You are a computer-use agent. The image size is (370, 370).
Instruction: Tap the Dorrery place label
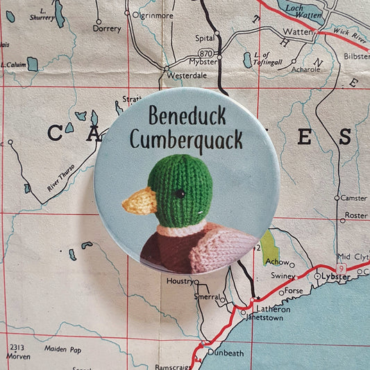(x=107, y=29)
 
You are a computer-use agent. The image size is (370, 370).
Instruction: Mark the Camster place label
(x=353, y=198)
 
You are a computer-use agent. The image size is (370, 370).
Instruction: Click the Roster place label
(x=356, y=216)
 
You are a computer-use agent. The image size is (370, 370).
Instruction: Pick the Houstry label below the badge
(x=179, y=280)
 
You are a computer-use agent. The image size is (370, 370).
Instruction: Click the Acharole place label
(x=306, y=69)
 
